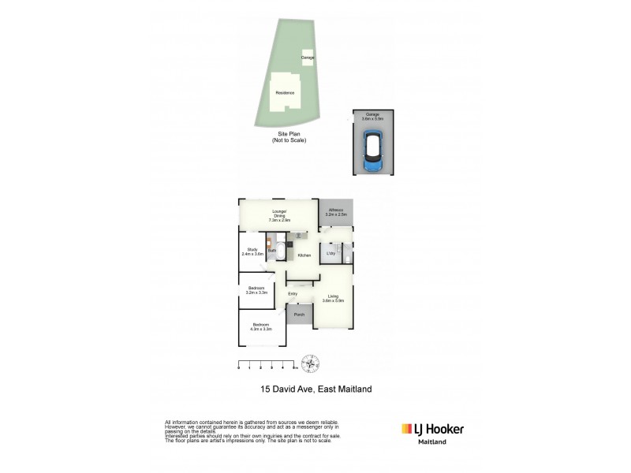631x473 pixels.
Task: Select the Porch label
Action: (299, 315)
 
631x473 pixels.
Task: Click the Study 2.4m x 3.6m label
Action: (252, 252)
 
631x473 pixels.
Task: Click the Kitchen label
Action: (304, 255)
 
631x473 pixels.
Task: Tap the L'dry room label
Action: (331, 253)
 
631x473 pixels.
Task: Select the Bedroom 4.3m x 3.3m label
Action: (261, 327)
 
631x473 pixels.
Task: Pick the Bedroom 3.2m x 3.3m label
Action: (257, 289)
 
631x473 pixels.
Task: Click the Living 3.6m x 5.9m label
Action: (333, 299)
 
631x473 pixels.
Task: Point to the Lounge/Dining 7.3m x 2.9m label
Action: (278, 214)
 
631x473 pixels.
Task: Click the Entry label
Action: (292, 294)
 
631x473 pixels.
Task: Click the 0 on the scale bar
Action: (238, 368)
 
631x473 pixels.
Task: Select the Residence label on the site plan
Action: (285, 93)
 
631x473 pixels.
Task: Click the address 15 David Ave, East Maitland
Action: (315, 388)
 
